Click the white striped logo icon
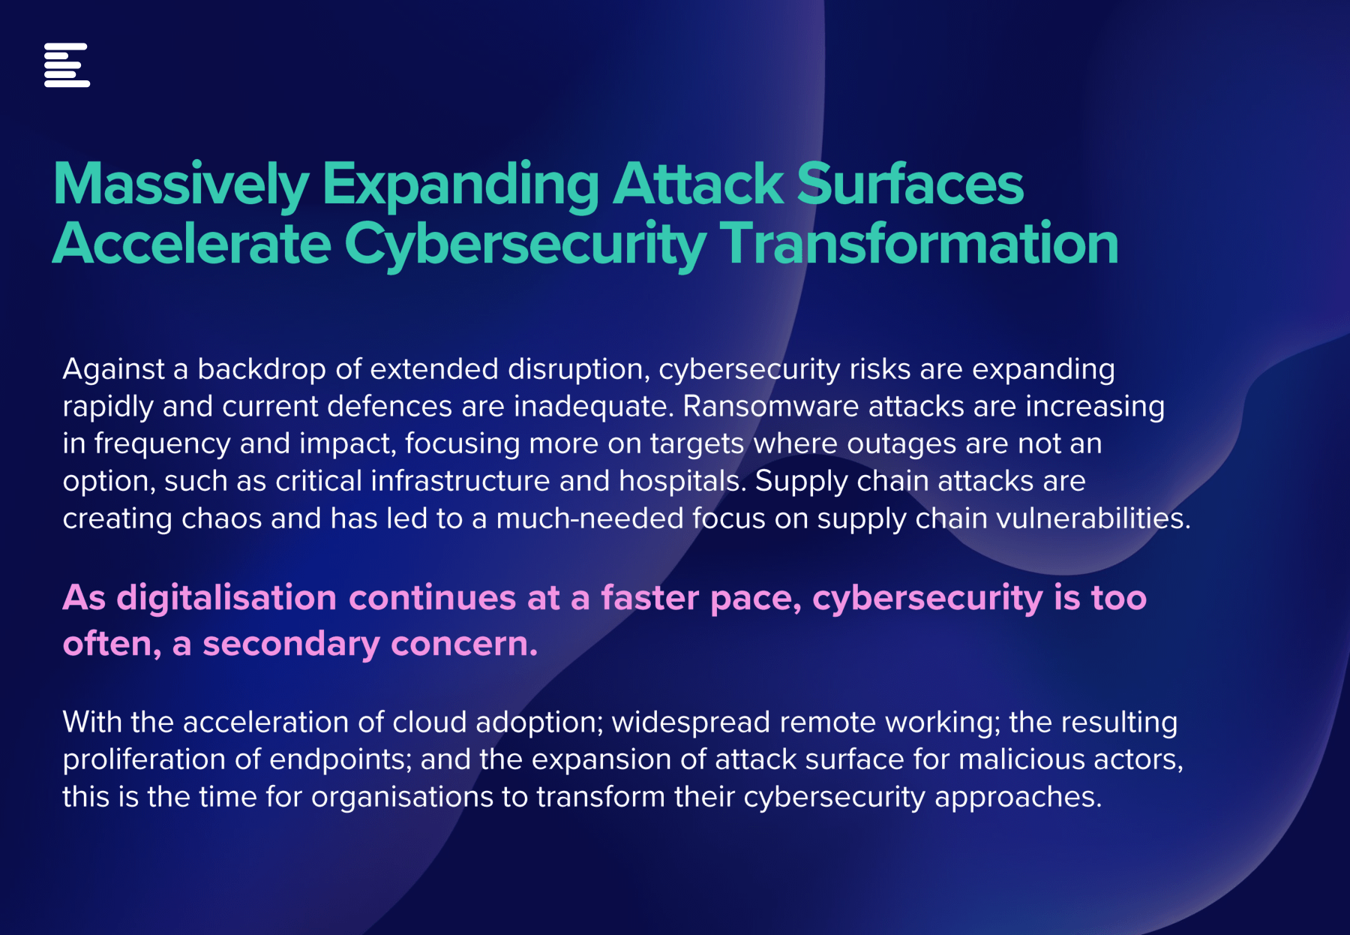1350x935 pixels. click(67, 65)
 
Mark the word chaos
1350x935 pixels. click(221, 519)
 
